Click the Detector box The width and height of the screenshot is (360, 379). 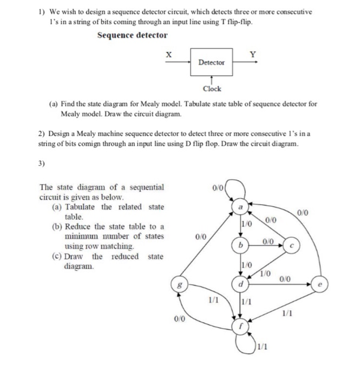pos(211,62)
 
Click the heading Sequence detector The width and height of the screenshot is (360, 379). pos(132,36)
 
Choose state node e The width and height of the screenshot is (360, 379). pos(320,283)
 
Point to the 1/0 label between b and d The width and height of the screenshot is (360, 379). pos(246,264)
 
